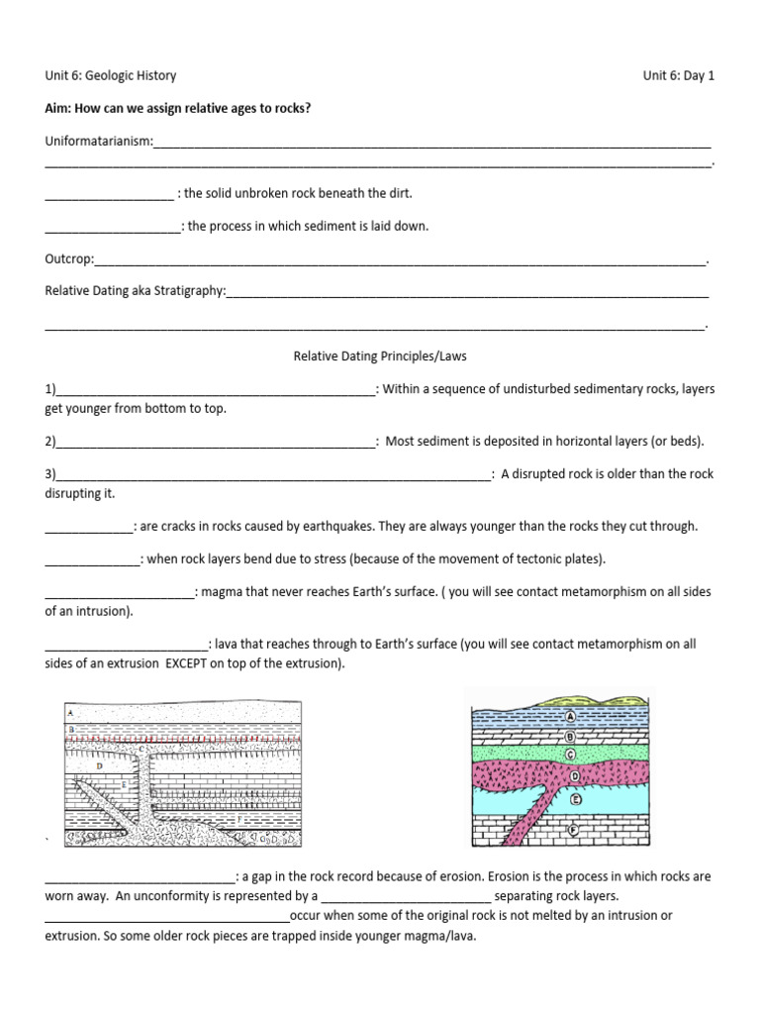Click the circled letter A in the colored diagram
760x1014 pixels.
click(x=571, y=717)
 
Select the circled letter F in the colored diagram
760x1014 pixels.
click(x=572, y=831)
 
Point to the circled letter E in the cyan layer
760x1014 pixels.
click(x=575, y=798)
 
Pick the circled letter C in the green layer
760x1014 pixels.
click(x=571, y=755)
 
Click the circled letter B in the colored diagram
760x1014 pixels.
click(x=571, y=736)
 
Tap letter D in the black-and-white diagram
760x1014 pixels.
click(x=99, y=766)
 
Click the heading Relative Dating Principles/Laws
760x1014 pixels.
click(x=380, y=356)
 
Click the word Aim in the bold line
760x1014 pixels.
click(x=57, y=108)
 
